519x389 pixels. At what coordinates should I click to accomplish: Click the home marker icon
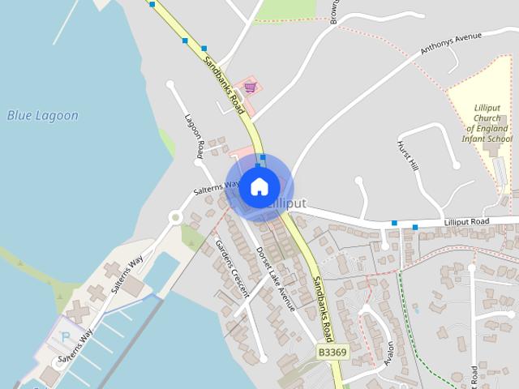(x=259, y=187)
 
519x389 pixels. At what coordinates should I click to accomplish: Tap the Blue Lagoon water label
(x=43, y=116)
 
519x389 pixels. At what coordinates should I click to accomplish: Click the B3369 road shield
(x=332, y=353)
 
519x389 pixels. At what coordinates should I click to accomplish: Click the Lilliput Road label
(x=467, y=221)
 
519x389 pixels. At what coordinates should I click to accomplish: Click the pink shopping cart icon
(x=251, y=88)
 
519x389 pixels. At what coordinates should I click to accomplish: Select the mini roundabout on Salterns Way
(x=174, y=217)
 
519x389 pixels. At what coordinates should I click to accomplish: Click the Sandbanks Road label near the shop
(x=224, y=85)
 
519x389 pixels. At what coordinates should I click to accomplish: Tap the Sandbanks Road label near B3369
(x=322, y=310)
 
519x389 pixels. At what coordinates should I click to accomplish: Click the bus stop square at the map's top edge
(x=152, y=4)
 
